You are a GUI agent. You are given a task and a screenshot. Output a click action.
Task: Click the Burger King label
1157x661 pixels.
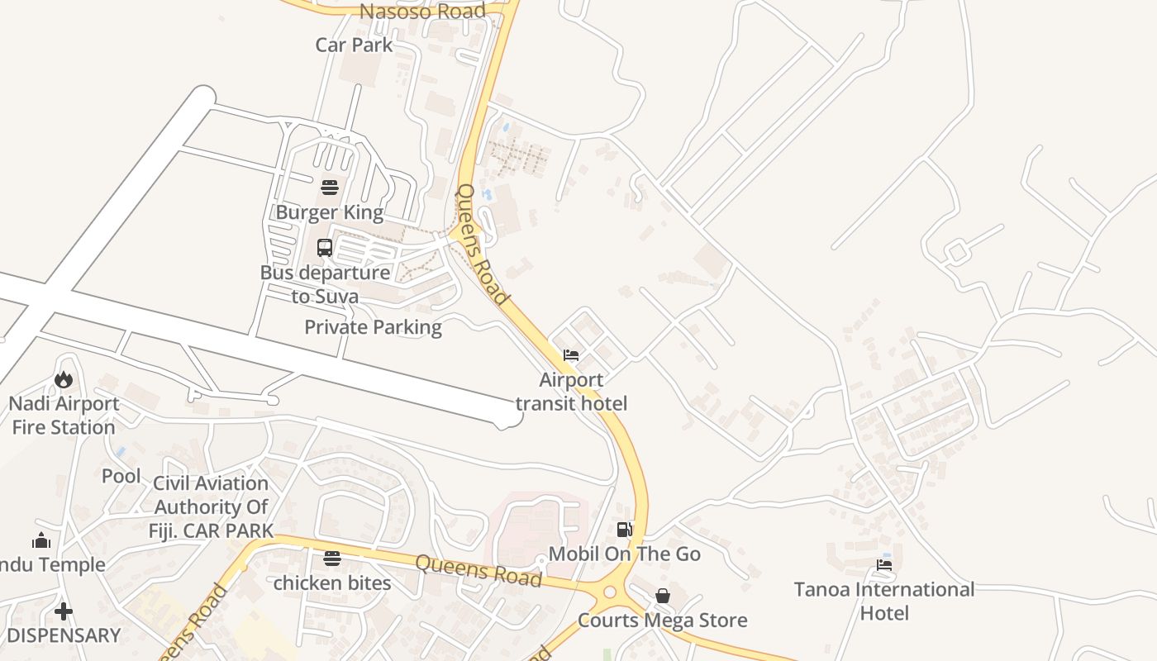pyautogui.click(x=329, y=212)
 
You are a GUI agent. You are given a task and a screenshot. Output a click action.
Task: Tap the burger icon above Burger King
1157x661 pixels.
pyautogui.click(x=329, y=187)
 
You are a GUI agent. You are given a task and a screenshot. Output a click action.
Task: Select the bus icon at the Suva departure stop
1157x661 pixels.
pyautogui.click(x=325, y=247)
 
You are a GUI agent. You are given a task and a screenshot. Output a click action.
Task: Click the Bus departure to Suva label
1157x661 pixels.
pyautogui.click(x=325, y=283)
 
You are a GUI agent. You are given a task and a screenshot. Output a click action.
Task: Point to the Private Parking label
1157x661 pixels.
pyautogui.click(x=373, y=327)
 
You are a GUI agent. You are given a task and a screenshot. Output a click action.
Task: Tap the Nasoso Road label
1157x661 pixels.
pyautogui.click(x=422, y=12)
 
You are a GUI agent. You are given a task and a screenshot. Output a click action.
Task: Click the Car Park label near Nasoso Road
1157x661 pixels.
pyautogui.click(x=354, y=45)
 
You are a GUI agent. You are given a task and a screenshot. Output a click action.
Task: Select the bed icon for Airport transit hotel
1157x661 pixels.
pyautogui.click(x=570, y=356)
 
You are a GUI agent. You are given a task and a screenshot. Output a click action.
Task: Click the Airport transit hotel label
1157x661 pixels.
pyautogui.click(x=571, y=392)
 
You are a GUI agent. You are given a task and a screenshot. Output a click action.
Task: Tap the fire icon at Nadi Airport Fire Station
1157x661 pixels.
pyautogui.click(x=64, y=380)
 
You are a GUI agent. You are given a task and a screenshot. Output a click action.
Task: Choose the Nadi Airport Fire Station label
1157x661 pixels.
pyautogui.click(x=64, y=416)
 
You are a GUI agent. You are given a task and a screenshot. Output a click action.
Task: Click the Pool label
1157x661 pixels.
pyautogui.click(x=121, y=476)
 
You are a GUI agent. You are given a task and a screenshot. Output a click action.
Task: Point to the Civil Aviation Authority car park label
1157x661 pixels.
pyautogui.click(x=211, y=506)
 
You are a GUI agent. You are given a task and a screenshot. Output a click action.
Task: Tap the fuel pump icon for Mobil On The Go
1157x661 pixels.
pyautogui.click(x=624, y=530)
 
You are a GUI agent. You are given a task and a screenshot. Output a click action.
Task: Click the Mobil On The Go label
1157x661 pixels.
pyautogui.click(x=624, y=554)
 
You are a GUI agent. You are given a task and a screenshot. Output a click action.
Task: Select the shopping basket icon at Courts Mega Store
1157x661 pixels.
pyautogui.click(x=662, y=596)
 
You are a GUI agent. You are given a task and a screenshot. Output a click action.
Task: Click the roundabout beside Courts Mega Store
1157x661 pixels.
pyautogui.click(x=611, y=592)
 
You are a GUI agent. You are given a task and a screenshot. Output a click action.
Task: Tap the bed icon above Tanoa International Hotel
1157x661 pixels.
pyautogui.click(x=884, y=565)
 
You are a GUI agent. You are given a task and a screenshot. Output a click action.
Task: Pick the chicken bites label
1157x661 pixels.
pyautogui.click(x=331, y=583)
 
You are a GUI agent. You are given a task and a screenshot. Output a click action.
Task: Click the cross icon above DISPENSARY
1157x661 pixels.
pyautogui.click(x=64, y=611)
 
